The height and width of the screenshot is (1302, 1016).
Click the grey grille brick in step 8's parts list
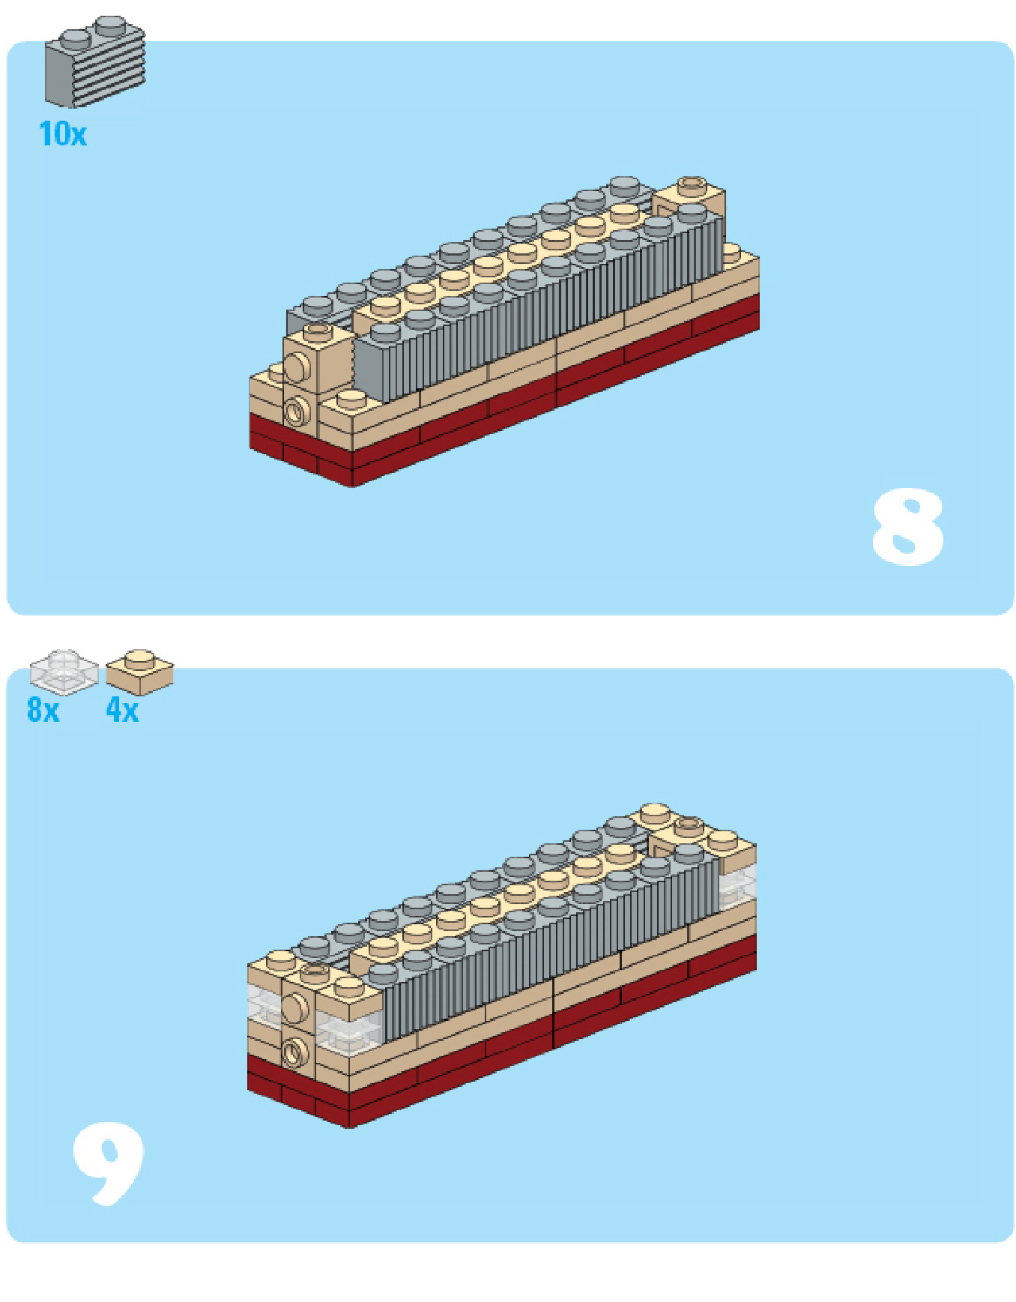coord(94,61)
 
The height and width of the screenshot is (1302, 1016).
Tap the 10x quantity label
coord(63,134)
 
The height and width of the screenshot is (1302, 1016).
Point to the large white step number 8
coord(907,527)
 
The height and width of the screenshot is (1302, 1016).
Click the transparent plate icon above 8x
coord(64,671)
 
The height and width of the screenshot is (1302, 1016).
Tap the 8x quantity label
coord(43,710)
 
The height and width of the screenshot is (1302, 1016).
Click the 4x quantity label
coord(122,710)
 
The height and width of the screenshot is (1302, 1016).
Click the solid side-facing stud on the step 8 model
coord(296,368)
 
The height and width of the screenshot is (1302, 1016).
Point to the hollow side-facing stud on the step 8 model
coord(297,412)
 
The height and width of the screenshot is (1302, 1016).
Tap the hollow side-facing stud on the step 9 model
coord(295,1052)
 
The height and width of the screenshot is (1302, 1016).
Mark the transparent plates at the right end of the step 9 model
coord(737,884)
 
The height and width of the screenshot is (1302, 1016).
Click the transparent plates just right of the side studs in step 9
coord(349,1022)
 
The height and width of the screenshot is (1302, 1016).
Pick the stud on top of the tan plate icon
coord(139,659)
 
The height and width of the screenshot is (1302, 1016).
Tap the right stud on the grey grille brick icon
coord(111,23)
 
